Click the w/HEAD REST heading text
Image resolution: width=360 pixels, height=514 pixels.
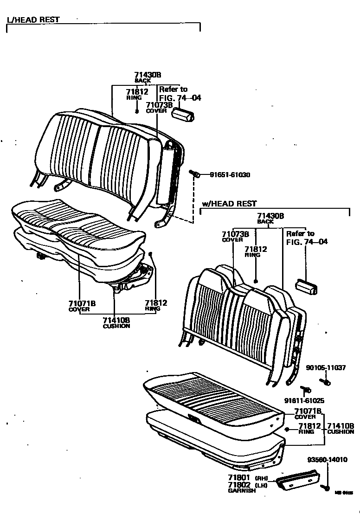click(x=229, y=204)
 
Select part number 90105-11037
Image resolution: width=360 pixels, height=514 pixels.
click(x=326, y=367)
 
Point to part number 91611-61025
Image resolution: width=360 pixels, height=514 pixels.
click(x=304, y=400)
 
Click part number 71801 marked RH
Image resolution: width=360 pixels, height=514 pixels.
click(x=239, y=477)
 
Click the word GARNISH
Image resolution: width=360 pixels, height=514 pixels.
click(x=241, y=490)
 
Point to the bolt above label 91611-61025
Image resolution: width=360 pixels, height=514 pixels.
click(x=306, y=389)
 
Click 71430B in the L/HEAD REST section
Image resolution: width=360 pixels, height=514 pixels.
click(x=148, y=75)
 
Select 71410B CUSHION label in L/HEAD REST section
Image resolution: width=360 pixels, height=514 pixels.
click(x=116, y=322)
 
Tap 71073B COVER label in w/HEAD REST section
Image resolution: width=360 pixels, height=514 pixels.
click(x=235, y=237)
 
